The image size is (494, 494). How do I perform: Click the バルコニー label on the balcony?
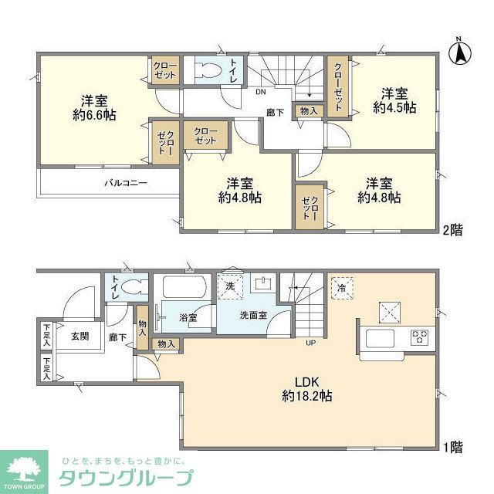point(126,184)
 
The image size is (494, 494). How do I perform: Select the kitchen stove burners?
point(420,337)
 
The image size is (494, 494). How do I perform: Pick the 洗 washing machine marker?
point(231,285)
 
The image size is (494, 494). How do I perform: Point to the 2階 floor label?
point(452,229)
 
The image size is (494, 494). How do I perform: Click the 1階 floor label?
point(452,445)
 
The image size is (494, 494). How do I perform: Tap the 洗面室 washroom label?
point(253,315)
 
